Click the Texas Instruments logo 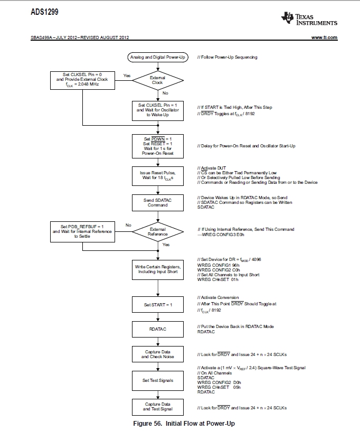tap(309, 18)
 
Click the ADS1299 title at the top tap(37, 10)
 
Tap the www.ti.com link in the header tap(324, 38)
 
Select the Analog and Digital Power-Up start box tap(158, 57)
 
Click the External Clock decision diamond tap(158, 80)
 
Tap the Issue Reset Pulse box tap(158, 175)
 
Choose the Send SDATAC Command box tap(158, 202)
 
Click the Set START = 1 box tap(158, 305)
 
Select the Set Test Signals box tap(158, 380)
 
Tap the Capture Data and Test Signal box tap(158, 407)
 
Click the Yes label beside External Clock tap(127, 76)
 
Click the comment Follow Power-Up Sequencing tap(227, 57)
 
